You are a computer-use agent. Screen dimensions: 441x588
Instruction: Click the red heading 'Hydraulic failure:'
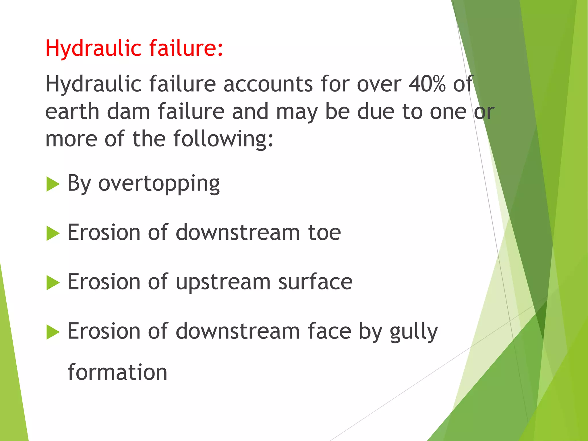[134, 48]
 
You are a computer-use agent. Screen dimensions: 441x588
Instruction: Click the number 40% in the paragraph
[427, 84]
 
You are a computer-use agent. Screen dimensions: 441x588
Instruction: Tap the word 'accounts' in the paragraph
[268, 84]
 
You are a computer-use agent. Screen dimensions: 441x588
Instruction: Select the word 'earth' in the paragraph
[72, 111]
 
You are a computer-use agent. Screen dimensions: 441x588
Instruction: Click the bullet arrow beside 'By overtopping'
[53, 184]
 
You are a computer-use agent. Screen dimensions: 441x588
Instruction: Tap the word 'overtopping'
[159, 184]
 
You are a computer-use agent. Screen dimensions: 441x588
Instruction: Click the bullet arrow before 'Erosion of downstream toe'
[53, 233]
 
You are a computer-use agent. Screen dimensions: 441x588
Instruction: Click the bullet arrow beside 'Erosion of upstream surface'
[53, 283]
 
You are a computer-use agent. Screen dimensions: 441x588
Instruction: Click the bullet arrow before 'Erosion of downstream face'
[53, 332]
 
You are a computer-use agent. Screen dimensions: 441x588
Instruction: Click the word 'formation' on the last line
[117, 372]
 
